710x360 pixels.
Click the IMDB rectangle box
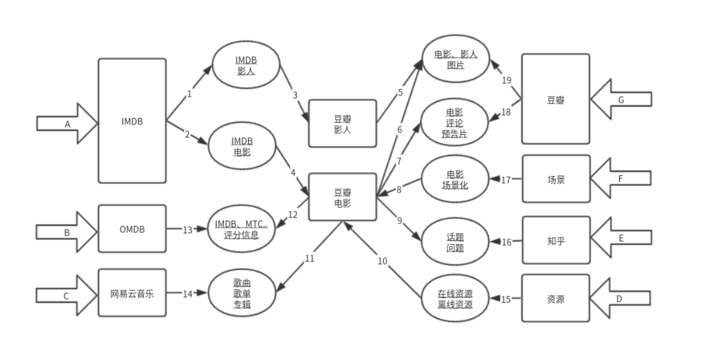coord(132,122)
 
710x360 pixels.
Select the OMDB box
coord(132,229)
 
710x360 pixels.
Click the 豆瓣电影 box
coord(343,197)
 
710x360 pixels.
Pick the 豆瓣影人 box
coord(343,123)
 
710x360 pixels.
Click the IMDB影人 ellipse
coord(246,65)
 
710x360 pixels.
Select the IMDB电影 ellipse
coord(241,148)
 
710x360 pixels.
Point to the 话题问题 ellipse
coord(455,241)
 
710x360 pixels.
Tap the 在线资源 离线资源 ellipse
coord(455,298)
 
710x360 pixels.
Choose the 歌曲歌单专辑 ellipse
coord(242,294)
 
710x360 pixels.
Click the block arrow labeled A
coord(67,123)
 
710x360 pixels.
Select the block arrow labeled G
coord(621,100)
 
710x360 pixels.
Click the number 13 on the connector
coord(187,230)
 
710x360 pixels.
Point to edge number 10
coord(382,261)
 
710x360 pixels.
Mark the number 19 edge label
coord(506,80)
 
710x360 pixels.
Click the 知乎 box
coord(556,240)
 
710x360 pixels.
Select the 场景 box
coord(556,179)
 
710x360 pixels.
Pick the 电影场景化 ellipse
coord(455,179)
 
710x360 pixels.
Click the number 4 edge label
coord(293,172)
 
